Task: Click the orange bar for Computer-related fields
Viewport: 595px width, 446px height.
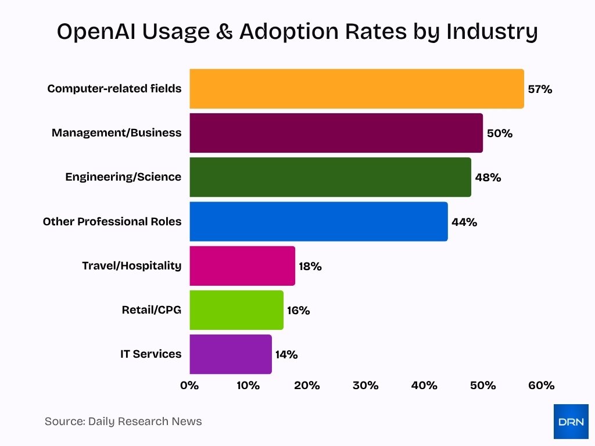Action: point(356,89)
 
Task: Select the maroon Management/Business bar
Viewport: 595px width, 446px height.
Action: point(336,133)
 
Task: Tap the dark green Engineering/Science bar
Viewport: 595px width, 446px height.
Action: point(330,177)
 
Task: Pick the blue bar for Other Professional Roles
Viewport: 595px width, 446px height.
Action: point(318,221)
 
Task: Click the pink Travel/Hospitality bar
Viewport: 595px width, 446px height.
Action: point(242,266)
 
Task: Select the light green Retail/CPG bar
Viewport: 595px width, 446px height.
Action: point(236,310)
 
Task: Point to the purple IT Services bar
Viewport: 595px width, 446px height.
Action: point(231,354)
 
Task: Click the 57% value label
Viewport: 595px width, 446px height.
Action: point(540,89)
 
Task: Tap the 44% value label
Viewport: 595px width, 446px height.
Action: point(464,222)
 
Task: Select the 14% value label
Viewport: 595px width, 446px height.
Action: point(286,355)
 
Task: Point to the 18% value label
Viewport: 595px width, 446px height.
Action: point(310,267)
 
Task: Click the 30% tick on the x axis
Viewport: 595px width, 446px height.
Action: point(365,386)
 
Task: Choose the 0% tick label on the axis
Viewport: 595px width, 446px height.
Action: point(189,386)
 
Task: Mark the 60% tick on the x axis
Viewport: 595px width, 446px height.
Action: point(542,386)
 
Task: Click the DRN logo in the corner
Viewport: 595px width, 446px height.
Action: point(571,421)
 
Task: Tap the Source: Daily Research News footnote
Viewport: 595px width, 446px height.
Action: point(123,422)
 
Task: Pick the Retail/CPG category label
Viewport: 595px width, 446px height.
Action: point(151,310)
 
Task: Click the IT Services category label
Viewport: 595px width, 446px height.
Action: point(150,354)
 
